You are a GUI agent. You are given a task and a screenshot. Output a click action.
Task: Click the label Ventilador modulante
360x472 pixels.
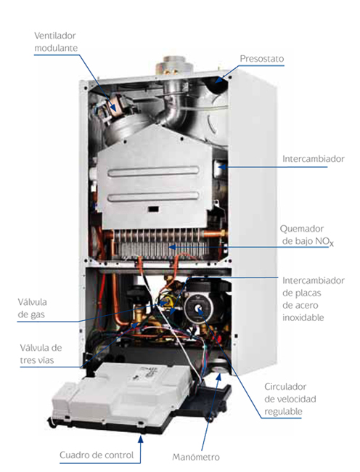[56, 42]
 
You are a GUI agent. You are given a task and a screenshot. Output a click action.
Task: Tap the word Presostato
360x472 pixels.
[262, 59]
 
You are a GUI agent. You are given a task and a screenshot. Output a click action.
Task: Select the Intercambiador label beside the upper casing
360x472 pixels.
[313, 159]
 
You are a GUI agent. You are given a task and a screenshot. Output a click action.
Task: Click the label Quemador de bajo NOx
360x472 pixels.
[306, 235]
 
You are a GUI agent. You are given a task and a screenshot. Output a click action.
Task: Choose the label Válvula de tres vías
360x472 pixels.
[41, 354]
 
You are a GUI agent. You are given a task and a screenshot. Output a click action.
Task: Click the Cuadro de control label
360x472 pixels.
[97, 455]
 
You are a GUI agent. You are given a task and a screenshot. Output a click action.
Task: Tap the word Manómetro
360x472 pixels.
[196, 457]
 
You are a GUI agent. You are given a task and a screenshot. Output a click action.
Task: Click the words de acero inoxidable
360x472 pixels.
[303, 312]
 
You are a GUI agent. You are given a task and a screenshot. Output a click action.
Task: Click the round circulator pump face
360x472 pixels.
[198, 308]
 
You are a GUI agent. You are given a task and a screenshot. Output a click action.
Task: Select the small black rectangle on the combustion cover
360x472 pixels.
[154, 209]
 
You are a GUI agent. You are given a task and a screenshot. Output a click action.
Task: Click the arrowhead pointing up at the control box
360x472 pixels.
[140, 439]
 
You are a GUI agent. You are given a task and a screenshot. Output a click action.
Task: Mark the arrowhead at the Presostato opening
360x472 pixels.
[219, 79]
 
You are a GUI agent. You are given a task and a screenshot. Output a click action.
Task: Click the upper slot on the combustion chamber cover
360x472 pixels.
[154, 172]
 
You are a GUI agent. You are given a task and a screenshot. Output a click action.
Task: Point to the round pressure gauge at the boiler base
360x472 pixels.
[221, 367]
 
